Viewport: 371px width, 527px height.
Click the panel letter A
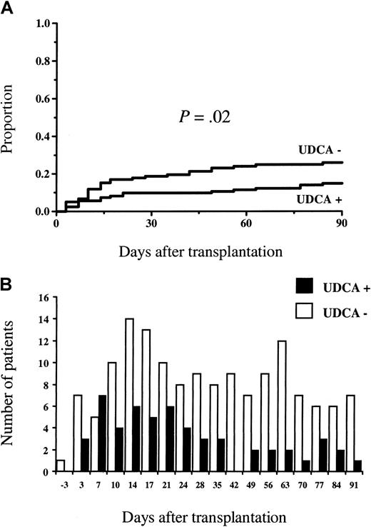(6, 7)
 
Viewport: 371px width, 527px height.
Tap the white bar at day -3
(60, 466)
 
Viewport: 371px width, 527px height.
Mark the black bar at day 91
(356, 466)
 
